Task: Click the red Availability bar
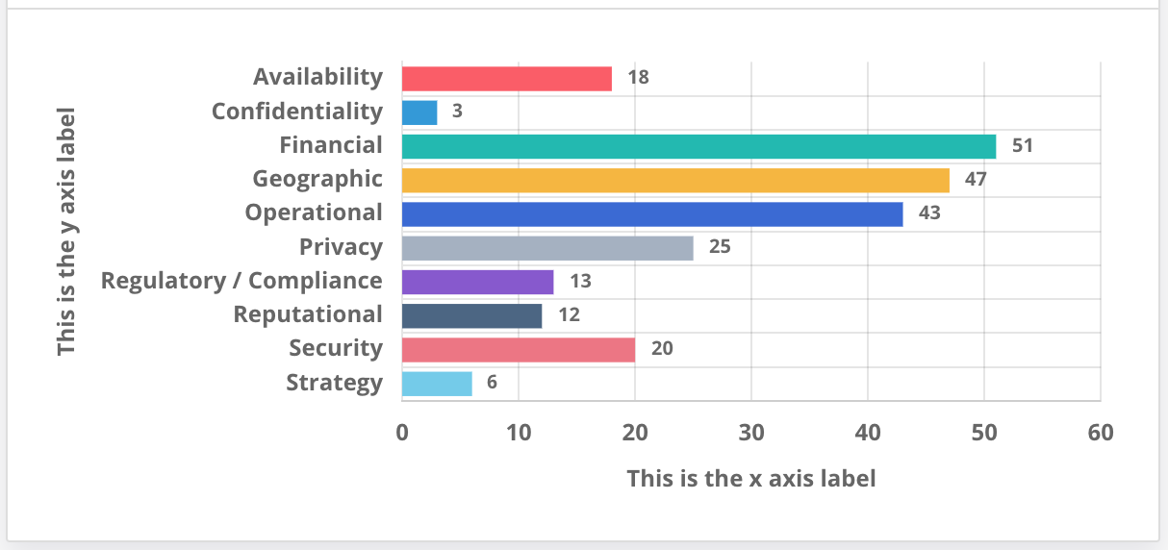pos(506,78)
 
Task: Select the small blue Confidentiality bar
pos(419,112)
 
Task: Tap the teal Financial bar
pos(698,146)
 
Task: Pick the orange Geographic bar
pos(675,180)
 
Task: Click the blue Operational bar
pos(652,213)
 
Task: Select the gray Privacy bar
pos(547,247)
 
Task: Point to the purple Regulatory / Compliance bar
pos(477,282)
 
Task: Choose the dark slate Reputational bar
pos(471,315)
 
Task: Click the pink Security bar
pos(518,349)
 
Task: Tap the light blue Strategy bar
pos(437,383)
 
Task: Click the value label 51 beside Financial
pos(1022,146)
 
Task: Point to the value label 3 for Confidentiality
pos(457,112)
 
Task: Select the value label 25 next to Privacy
pos(720,247)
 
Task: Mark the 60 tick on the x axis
pos(1100,433)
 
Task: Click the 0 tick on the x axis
pos(402,433)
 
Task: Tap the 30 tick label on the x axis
pos(751,433)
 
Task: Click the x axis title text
pos(751,478)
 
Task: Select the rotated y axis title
pos(65,231)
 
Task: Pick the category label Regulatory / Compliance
pos(241,281)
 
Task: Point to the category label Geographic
pos(317,179)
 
